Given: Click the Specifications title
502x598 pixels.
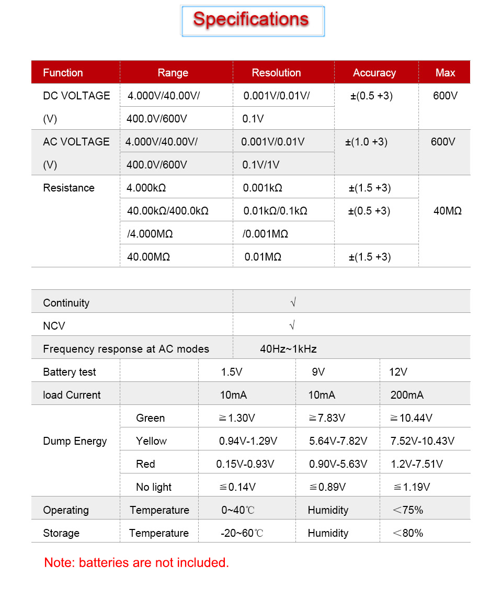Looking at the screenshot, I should point(251,19).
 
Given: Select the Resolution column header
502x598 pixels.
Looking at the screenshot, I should point(276,73).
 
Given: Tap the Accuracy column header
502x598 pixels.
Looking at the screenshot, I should point(374,73).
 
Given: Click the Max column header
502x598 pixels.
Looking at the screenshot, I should point(445,73).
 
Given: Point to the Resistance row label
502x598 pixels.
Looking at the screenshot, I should point(69,188).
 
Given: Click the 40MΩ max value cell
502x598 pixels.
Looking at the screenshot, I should point(448,211).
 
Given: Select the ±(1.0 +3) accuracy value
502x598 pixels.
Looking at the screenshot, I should point(367,142).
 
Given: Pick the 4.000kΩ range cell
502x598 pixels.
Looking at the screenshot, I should point(146,188).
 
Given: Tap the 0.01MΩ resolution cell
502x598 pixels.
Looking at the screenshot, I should point(263,257).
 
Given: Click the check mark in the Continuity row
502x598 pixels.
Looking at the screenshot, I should point(293,302).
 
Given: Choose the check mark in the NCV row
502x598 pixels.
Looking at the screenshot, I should point(292,325).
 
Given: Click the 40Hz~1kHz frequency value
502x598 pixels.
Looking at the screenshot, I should point(288,349).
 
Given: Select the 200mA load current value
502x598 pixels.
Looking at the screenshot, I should point(407,395).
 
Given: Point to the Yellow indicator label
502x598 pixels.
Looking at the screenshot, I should point(151,441).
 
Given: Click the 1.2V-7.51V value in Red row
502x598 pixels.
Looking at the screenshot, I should point(417,464).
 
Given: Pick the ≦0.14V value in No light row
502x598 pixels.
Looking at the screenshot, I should point(237,487).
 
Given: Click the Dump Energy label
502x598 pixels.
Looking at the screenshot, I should point(75,441).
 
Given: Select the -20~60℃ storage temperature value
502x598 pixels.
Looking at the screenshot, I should point(242,533).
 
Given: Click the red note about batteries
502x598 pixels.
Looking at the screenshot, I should point(136,562).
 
